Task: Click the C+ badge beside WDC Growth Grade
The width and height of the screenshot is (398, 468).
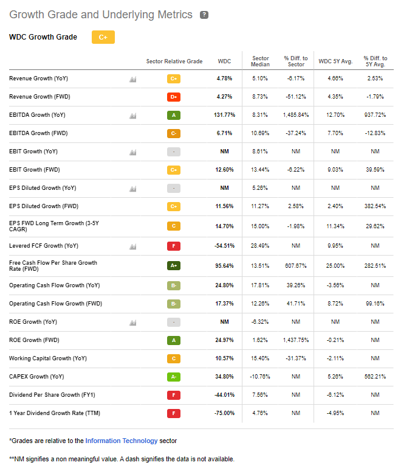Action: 103,37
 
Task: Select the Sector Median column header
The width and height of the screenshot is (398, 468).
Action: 260,61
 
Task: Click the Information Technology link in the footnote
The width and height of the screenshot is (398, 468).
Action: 122,441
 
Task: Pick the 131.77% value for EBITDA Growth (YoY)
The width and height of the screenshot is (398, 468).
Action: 225,115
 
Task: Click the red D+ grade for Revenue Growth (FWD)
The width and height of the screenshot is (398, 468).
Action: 174,97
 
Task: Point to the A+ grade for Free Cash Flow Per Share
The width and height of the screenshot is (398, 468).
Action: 174,265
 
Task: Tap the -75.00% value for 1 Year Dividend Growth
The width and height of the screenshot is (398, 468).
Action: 225,414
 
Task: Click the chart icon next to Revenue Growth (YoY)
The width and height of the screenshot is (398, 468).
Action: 132,79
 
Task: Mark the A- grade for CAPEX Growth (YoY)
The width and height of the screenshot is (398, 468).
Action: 174,377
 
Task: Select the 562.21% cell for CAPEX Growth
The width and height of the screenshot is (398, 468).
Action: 374,377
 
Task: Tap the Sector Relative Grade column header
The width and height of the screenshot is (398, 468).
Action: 174,61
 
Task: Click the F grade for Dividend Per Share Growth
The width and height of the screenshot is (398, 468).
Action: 174,396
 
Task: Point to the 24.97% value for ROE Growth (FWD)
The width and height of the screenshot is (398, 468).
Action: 225,340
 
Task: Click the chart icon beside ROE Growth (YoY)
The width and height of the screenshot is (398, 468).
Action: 132,323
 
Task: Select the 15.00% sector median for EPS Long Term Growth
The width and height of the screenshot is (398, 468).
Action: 260,226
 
